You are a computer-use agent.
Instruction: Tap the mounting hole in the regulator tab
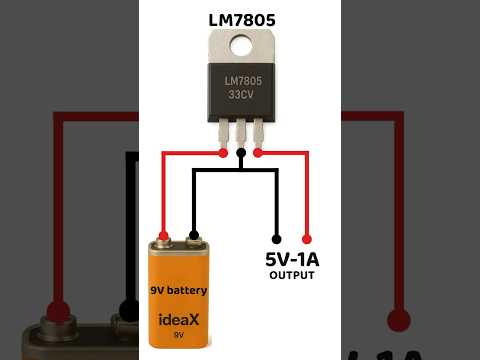[240, 43]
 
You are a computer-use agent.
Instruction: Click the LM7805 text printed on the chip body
[240, 81]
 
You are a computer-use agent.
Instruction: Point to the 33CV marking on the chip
[240, 97]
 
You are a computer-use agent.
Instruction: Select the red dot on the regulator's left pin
[222, 154]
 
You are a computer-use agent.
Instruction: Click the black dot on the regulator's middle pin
[241, 154]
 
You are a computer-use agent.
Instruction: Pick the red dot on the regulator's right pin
[259, 154]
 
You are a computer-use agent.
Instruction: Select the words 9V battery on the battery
[179, 291]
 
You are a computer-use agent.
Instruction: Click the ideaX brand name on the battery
[179, 322]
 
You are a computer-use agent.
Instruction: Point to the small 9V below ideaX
[179, 337]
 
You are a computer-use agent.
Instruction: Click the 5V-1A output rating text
[291, 259]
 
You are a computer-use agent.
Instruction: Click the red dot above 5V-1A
[307, 239]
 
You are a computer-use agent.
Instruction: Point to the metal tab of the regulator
[240, 45]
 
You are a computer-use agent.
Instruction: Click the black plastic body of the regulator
[240, 90]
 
